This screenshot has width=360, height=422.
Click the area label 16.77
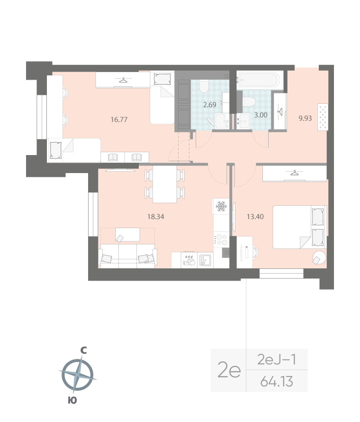[119, 119]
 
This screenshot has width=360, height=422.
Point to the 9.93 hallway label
[305, 119]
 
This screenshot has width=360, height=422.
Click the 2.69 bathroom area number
[210, 105]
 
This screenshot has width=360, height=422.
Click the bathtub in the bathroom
[260, 79]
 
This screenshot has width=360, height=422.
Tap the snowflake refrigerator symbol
[221, 206]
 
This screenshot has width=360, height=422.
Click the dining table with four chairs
[164, 184]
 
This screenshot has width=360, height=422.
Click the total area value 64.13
[277, 381]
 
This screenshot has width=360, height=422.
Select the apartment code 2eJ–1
[277, 359]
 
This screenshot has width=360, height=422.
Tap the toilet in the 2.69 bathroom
[204, 86]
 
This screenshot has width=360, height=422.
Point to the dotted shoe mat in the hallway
[324, 116]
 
